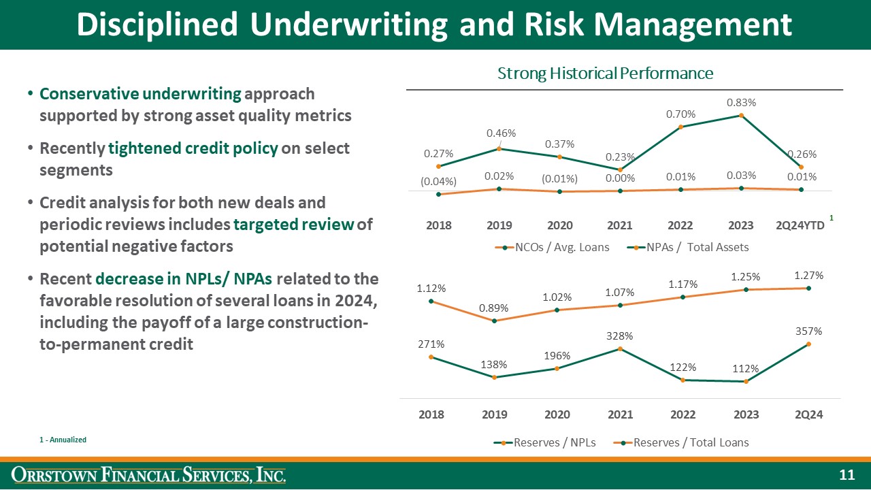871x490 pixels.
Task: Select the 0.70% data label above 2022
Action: (680, 114)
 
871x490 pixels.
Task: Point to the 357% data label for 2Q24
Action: (808, 331)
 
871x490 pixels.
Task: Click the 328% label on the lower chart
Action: (620, 336)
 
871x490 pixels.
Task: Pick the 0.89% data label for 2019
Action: (493, 308)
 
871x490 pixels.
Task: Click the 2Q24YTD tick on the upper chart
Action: (800, 225)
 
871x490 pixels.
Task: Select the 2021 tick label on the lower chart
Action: (620, 414)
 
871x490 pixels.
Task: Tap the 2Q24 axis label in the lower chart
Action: (808, 414)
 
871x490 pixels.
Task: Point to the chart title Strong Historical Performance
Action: (605, 73)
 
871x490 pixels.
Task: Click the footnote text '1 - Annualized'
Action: (63, 440)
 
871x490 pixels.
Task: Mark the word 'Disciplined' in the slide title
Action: (157, 25)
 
